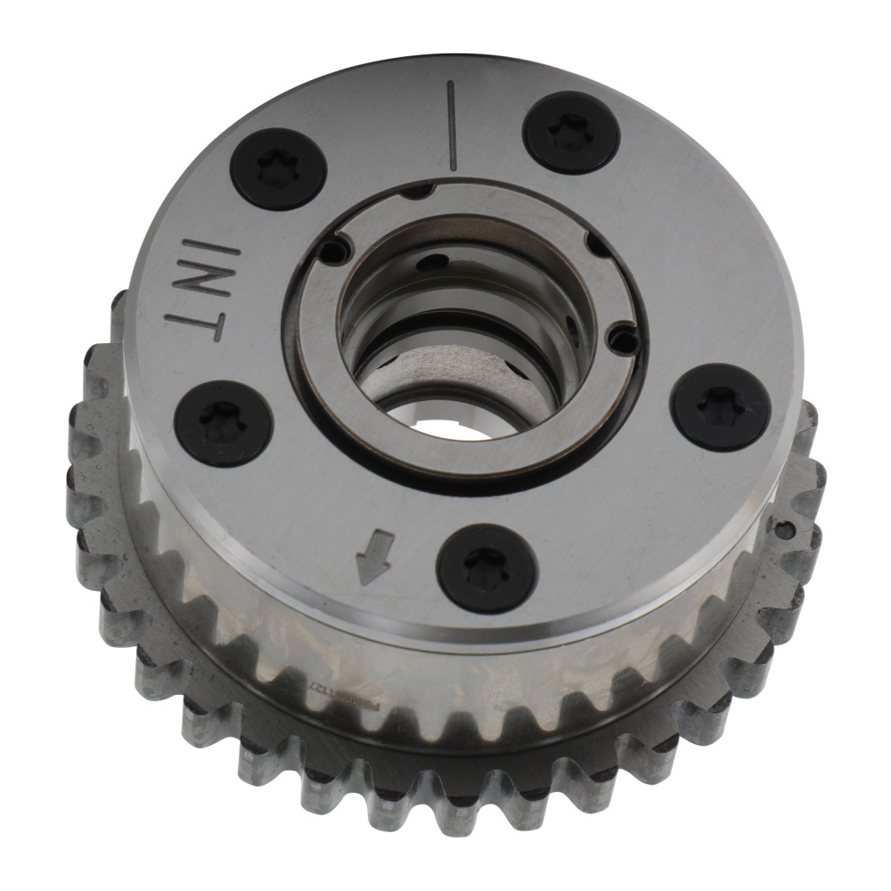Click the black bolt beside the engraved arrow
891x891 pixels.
(486, 567)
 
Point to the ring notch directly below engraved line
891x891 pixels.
(417, 189)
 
